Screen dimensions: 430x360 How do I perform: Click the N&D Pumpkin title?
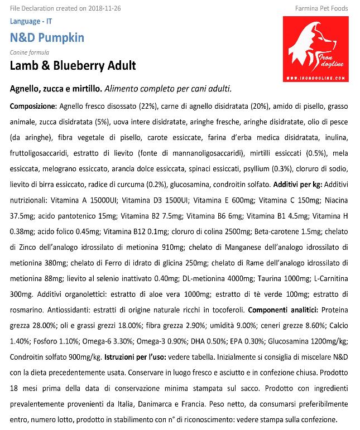[47, 38]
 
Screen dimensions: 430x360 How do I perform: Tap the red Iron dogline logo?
[315, 49]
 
